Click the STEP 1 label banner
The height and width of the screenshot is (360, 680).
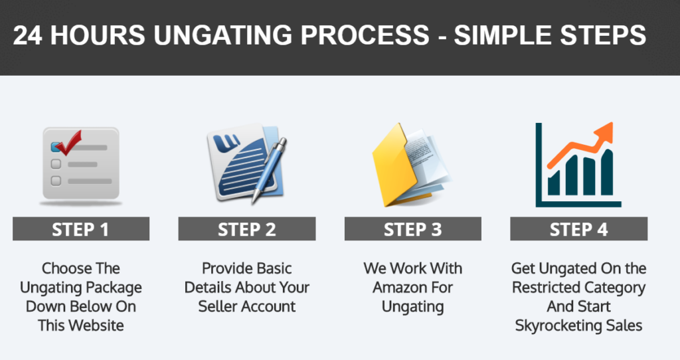(x=80, y=228)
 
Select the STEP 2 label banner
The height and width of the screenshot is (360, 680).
(x=247, y=228)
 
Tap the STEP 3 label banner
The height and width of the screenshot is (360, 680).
(x=413, y=228)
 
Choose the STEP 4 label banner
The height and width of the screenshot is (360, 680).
(x=578, y=228)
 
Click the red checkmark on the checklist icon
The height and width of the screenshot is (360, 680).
(x=68, y=143)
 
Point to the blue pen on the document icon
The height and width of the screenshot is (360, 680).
(x=269, y=170)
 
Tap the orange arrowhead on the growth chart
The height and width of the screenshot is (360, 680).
(x=604, y=132)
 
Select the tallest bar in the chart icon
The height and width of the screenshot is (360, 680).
(x=607, y=172)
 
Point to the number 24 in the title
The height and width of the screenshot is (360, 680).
(x=27, y=35)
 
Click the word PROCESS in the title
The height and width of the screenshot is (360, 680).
(x=365, y=35)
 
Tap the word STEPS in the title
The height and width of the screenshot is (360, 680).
(x=603, y=35)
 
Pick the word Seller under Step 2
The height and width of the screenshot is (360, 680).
(x=218, y=306)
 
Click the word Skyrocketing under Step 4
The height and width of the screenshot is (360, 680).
(x=554, y=325)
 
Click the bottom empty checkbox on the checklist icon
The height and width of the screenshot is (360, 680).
(x=56, y=181)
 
